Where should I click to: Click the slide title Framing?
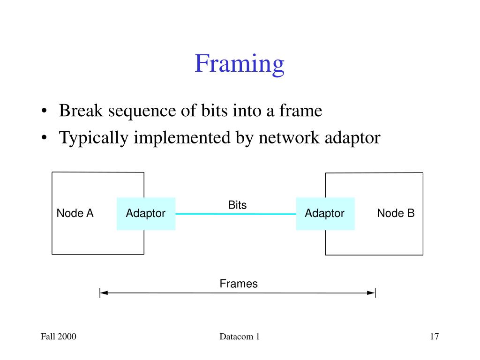coord(240,64)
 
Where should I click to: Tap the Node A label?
coord(75,213)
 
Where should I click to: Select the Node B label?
coord(396,213)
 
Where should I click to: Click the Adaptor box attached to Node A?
coord(146,214)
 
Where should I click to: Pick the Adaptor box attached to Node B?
coord(325,214)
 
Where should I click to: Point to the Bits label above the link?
coord(237,205)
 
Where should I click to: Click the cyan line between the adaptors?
coord(236,214)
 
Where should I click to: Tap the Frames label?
coord(239,284)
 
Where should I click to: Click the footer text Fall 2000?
coord(59,337)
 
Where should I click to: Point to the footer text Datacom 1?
coord(240,337)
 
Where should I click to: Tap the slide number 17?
coord(435,337)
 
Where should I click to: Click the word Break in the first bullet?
coord(81,111)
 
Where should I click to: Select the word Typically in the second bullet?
coord(93,138)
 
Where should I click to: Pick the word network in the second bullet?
coord(289,137)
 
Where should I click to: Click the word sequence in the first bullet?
coord(142,112)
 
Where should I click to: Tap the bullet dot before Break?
coord(45,111)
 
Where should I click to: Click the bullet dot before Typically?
coord(45,137)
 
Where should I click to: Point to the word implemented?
coord(182,138)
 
